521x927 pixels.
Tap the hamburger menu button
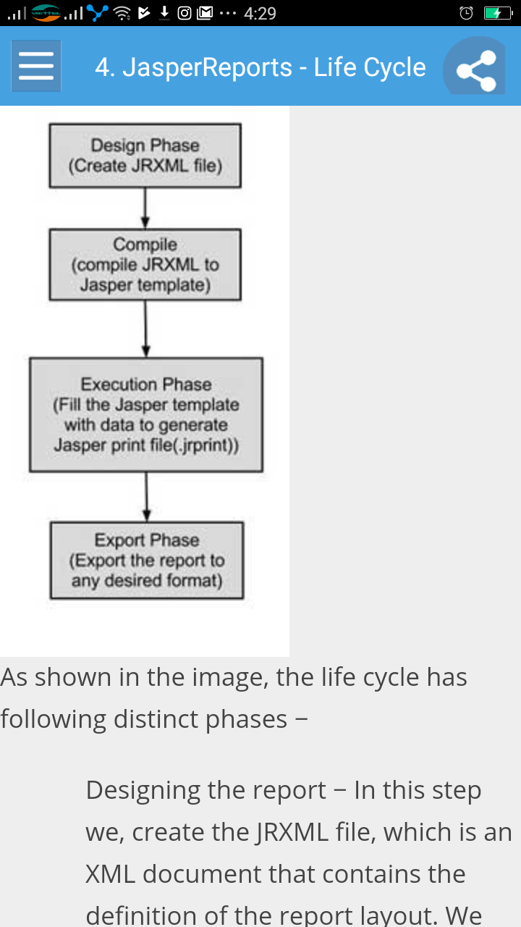click(x=36, y=66)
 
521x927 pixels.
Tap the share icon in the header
click(x=475, y=69)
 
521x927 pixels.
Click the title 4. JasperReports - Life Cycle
click(x=260, y=67)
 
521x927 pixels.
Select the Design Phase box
click(x=145, y=156)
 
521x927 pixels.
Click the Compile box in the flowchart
click(x=145, y=264)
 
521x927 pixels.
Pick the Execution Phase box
click(x=145, y=414)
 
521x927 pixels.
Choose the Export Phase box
click(x=146, y=560)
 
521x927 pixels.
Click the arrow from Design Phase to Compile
click(x=145, y=209)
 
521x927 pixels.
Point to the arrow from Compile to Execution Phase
click(x=145, y=329)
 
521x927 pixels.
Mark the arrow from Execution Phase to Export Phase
click(x=147, y=497)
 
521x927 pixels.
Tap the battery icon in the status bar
click(x=497, y=13)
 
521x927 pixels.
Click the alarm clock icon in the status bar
click(x=467, y=13)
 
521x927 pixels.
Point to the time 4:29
click(x=260, y=13)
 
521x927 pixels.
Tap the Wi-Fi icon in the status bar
click(x=122, y=13)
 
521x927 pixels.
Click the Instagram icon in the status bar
click(x=185, y=12)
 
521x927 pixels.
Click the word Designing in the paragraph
click(x=140, y=790)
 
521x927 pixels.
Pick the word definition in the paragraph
click(x=144, y=915)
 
